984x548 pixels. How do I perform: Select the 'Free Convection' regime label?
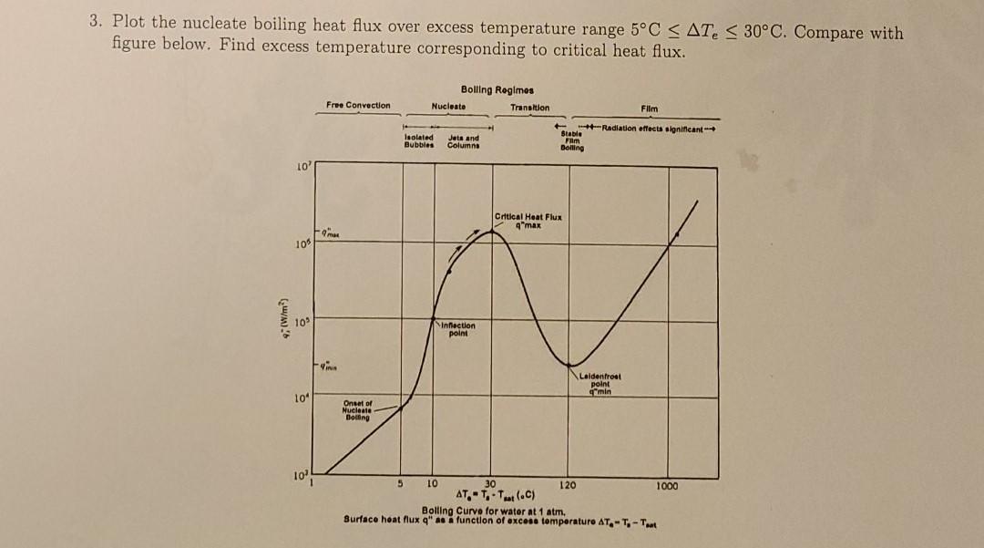[358, 106]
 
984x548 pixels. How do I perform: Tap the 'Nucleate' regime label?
[448, 106]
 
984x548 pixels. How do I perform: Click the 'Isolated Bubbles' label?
[418, 140]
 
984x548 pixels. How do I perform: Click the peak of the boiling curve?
[493, 232]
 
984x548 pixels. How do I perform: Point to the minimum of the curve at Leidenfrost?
[571, 367]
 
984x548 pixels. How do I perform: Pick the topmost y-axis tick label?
[303, 165]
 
